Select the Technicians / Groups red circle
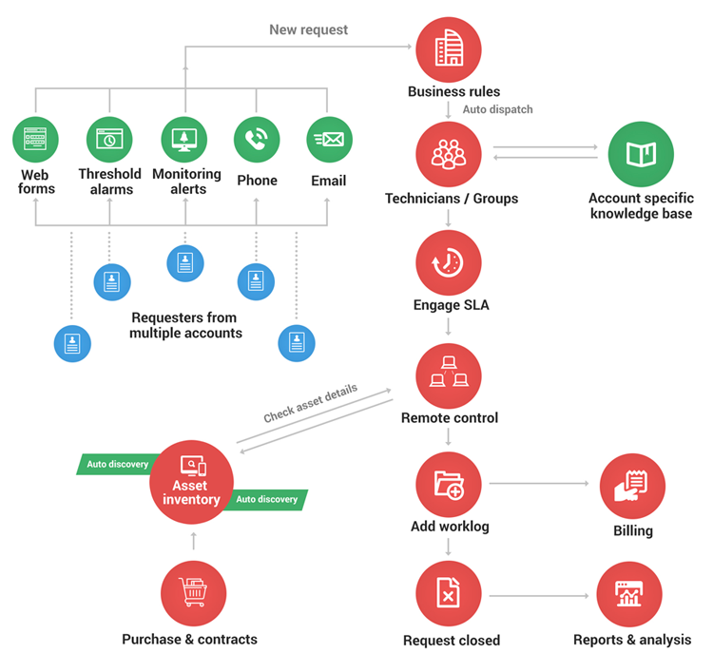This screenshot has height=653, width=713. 449,154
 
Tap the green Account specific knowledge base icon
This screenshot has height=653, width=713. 640,154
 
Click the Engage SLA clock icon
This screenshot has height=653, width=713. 449,263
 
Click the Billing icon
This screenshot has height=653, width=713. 632,486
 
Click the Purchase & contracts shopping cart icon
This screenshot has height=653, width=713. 194,594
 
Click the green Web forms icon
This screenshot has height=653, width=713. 36,140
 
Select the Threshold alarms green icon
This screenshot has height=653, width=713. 109,140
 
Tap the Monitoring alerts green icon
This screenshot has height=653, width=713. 184,140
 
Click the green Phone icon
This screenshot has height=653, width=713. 257,140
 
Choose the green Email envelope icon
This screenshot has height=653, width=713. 329,140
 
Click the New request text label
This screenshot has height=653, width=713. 308,29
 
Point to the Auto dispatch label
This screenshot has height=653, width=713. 497,109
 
